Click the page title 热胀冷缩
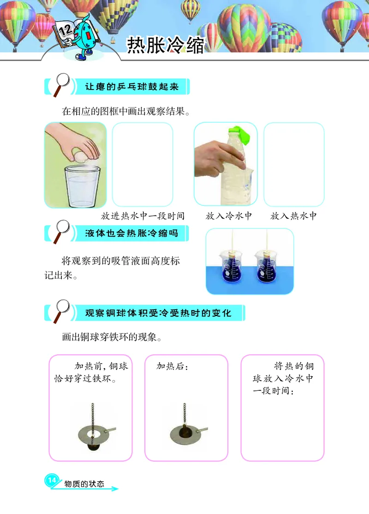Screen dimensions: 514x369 pyautogui.click(x=165, y=46)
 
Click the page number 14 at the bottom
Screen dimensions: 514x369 pyautogui.click(x=52, y=480)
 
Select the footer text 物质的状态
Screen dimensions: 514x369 pyautogui.click(x=84, y=484)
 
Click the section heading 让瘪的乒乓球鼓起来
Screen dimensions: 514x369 pyautogui.click(x=132, y=86)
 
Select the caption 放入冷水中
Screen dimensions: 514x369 pyautogui.click(x=229, y=216)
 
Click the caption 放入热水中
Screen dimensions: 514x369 pyautogui.click(x=294, y=216)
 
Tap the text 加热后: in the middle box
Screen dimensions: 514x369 pyautogui.click(x=173, y=366)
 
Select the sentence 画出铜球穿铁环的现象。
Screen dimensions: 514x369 pyautogui.click(x=111, y=337)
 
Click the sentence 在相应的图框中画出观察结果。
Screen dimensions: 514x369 pyautogui.click(x=125, y=111)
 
